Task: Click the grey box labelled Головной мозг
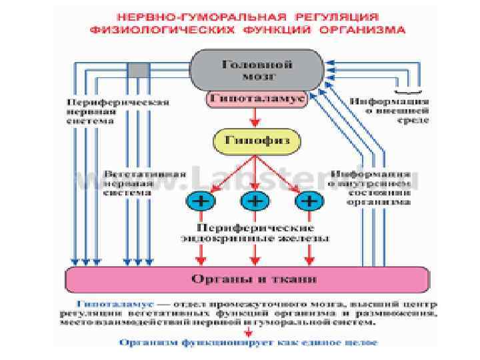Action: [x=257, y=70]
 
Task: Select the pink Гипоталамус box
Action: [x=257, y=99]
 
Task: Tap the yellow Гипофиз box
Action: [x=257, y=141]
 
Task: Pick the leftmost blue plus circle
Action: [x=199, y=200]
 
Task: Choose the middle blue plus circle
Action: [x=254, y=200]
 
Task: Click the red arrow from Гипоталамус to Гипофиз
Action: [x=254, y=118]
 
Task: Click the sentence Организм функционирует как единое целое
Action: [x=248, y=343]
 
